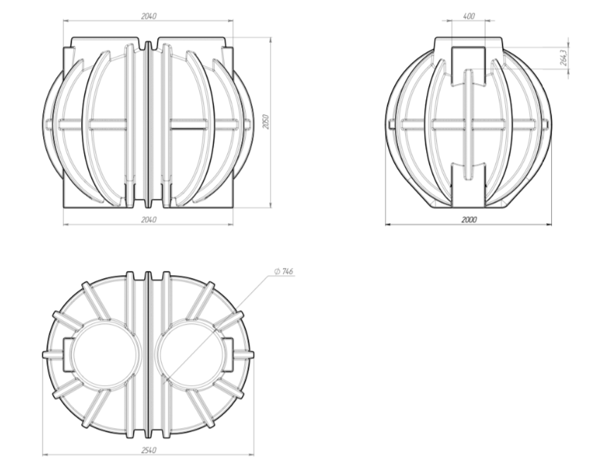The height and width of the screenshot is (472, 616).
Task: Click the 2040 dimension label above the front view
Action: pos(148,16)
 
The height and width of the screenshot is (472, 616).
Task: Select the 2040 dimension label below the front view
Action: pos(148,219)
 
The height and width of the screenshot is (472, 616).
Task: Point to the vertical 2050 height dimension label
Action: pos(265,122)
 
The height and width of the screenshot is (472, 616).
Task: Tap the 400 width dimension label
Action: pos(469,16)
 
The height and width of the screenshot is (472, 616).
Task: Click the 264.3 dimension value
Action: pos(564,57)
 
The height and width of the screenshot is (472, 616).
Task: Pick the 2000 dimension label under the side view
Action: pos(469,219)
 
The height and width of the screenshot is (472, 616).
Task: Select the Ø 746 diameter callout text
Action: pos(284,272)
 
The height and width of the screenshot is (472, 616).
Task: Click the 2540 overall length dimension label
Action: pos(148,450)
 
